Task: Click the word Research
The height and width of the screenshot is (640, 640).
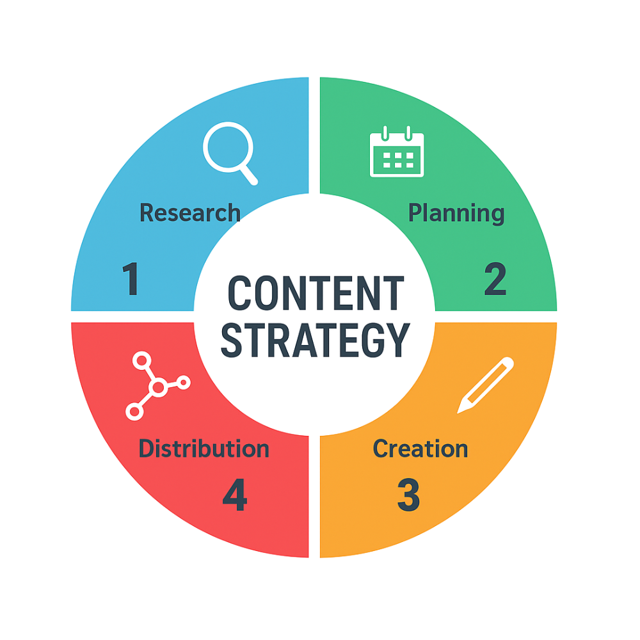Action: [189, 213]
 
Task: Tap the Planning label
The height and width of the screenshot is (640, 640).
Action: [456, 213]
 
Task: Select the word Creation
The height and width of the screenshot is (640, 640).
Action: [420, 449]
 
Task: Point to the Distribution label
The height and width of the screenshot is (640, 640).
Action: [204, 449]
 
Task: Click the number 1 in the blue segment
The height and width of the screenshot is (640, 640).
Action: [131, 280]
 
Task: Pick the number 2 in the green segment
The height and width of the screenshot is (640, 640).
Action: [495, 280]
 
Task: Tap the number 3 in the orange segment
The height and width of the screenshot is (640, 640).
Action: [408, 495]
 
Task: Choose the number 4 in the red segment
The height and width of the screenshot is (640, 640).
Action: [234, 495]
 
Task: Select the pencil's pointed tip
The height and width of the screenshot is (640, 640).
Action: [461, 408]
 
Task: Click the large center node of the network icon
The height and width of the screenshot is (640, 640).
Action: [158, 387]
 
